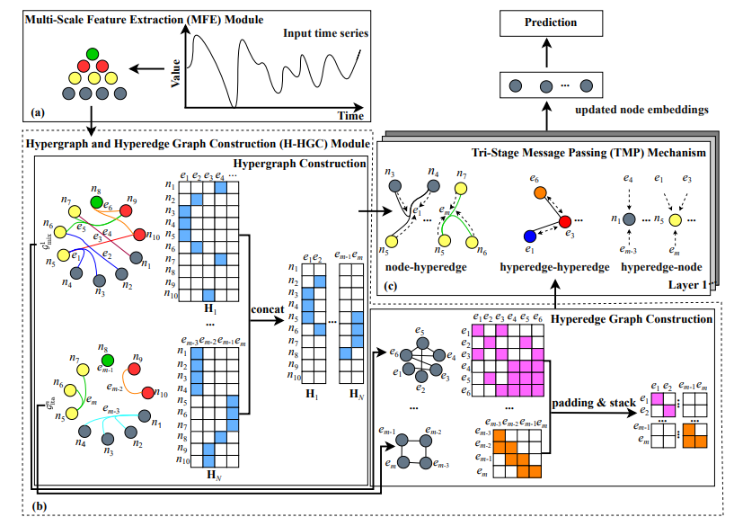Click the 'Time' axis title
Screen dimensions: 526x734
(350, 116)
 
